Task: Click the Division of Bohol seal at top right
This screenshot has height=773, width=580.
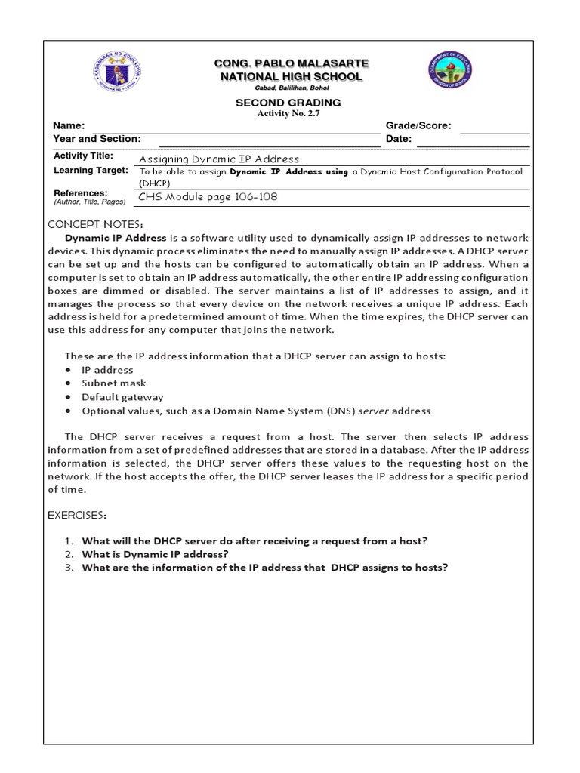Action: [452, 75]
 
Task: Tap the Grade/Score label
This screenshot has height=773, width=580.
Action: [418, 126]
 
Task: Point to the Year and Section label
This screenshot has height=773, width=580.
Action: [97, 139]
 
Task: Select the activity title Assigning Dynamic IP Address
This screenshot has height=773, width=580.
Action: [219, 159]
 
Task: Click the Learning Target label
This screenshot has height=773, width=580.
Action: [84, 171]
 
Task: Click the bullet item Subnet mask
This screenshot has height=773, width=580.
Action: [114, 383]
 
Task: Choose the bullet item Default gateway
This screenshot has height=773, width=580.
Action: [122, 397]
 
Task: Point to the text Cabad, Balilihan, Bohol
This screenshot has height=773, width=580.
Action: [290, 88]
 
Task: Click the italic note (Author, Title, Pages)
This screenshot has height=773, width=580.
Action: [89, 203]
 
